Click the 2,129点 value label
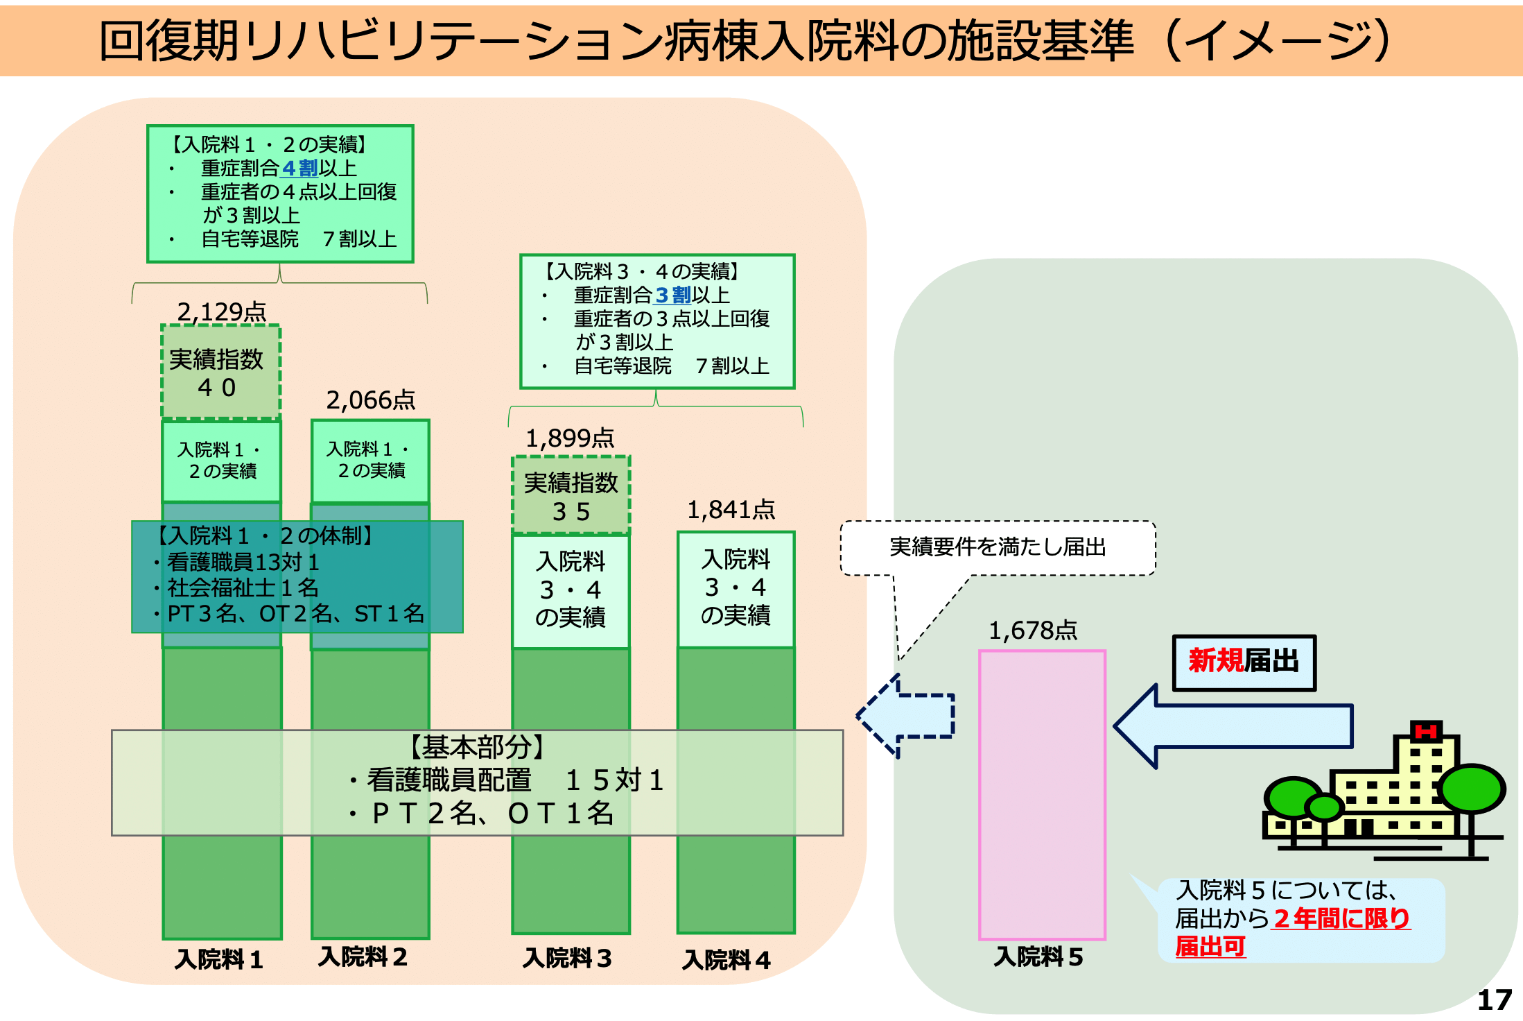pyautogui.click(x=222, y=311)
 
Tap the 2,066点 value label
pyautogui.click(x=370, y=400)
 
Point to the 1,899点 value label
pyautogui.click(x=570, y=438)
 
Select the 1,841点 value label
pyautogui.click(x=731, y=509)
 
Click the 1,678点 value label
pyautogui.click(x=1032, y=630)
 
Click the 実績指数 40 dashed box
pyautogui.click(x=221, y=372)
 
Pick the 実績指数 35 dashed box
pyautogui.click(x=571, y=495)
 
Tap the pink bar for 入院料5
pyautogui.click(x=1042, y=794)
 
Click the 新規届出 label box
pyautogui.click(x=1244, y=662)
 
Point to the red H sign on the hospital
pyautogui.click(x=1426, y=731)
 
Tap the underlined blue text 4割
pyautogui.click(x=299, y=168)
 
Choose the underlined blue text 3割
pyautogui.click(x=672, y=295)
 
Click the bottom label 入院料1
pyautogui.click(x=219, y=959)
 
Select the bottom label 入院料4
pyautogui.click(x=726, y=960)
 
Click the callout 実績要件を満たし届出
pyautogui.click(x=998, y=547)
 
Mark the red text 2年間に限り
pyautogui.click(x=1341, y=918)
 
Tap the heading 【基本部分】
pyautogui.click(x=478, y=747)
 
